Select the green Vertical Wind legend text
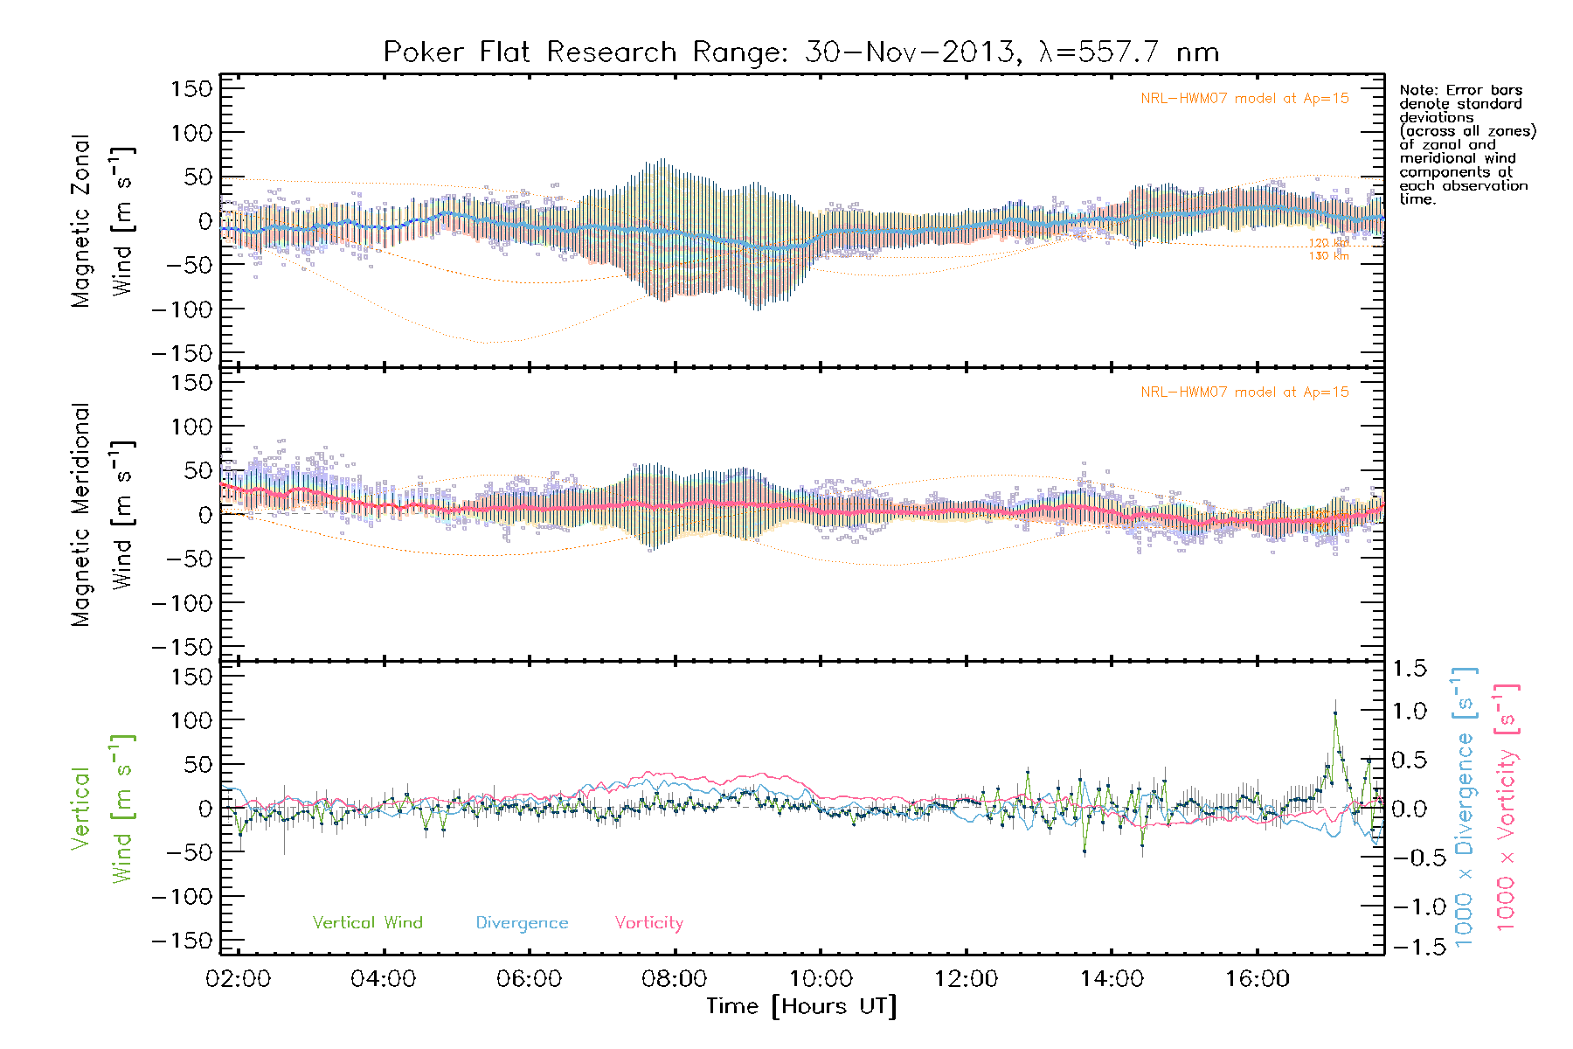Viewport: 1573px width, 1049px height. tap(367, 922)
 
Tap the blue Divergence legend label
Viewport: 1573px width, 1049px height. tap(522, 923)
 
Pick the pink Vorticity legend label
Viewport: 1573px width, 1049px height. tap(648, 922)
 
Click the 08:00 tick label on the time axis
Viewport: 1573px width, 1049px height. tap(674, 979)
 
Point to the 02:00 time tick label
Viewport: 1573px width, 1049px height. tap(238, 979)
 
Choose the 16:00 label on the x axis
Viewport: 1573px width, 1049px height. tap(1257, 979)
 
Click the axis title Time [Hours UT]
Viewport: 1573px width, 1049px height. tap(801, 1006)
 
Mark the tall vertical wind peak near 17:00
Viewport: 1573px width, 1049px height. tap(1334, 712)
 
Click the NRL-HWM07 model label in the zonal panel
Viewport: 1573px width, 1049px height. tap(1244, 99)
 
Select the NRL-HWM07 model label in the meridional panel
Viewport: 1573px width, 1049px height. tap(1244, 393)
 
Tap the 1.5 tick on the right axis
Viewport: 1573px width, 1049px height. tap(1409, 669)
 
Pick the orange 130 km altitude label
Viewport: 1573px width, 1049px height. tap(1328, 256)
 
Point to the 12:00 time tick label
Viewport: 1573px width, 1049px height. tap(966, 979)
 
